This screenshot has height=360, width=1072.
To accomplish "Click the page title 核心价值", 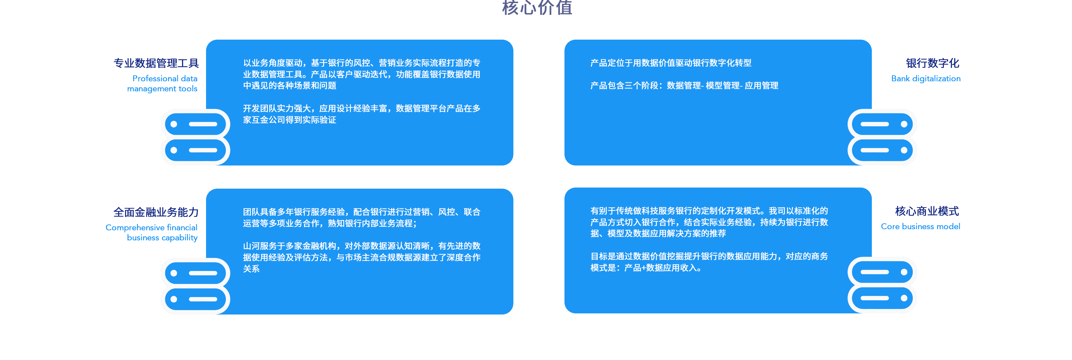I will pos(537,8).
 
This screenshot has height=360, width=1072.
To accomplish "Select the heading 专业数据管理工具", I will pos(156,63).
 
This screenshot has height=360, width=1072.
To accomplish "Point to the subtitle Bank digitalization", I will pos(926,79).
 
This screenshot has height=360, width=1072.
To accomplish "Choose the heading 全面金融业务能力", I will pos(156,212).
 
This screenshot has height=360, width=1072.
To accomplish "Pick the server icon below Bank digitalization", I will pos(882,137).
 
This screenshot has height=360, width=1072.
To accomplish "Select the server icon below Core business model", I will pos(882,285).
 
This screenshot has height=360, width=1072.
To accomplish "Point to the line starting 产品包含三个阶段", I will pos(684,86).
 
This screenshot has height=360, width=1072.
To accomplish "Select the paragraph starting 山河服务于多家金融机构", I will pos(361,257).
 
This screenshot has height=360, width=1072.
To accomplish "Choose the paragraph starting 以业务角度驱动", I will pos(361,74).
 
